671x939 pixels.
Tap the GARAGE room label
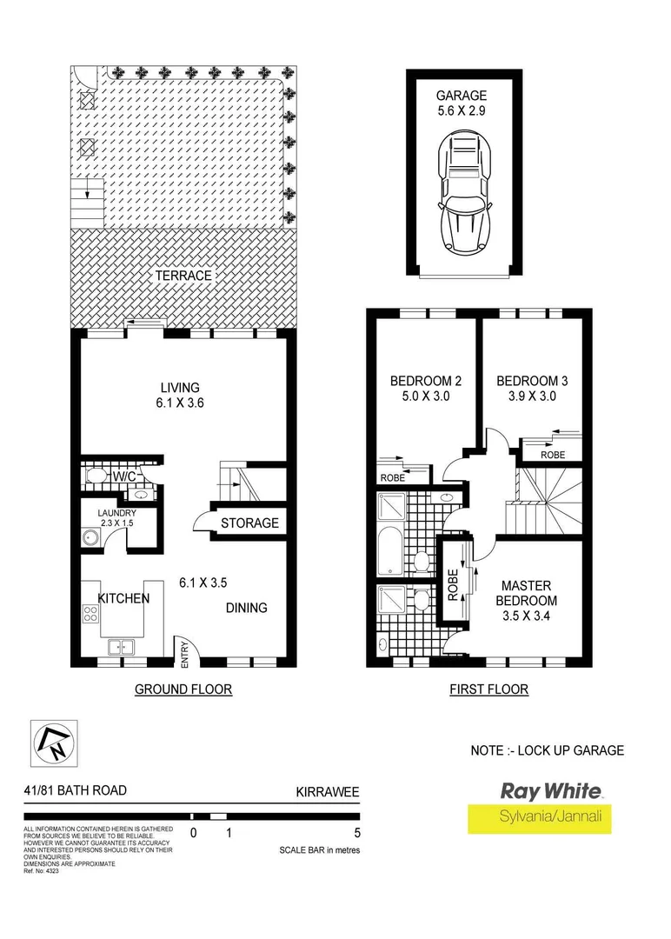coord(462,96)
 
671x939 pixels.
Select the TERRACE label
coord(183,276)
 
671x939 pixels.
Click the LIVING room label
coord(180,388)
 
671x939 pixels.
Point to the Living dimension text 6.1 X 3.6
coord(180,403)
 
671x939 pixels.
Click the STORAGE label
coord(249,523)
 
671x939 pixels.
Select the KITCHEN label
coord(123,599)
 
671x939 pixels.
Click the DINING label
coord(246,608)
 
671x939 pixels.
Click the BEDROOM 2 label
coord(425,381)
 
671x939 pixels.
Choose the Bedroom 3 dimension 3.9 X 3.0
coord(532,396)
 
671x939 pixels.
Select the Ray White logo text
coord(550,791)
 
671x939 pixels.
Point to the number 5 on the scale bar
coord(358,832)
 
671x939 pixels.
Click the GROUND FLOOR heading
coord(183,689)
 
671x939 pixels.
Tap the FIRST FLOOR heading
coord(488,689)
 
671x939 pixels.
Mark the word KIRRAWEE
coord(328,792)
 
